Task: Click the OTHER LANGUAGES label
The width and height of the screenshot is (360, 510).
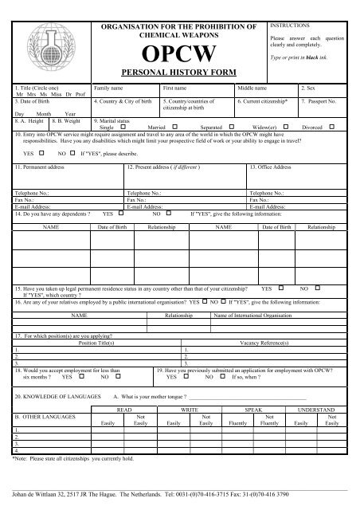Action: click(x=45, y=416)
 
